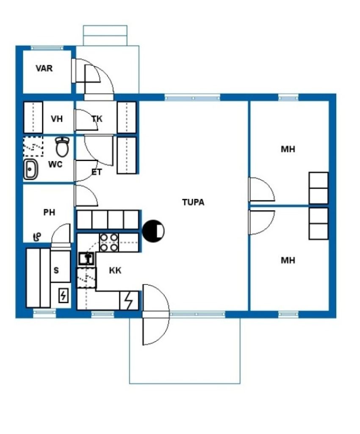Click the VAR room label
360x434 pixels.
click(x=44, y=68)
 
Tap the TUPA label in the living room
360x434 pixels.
click(x=193, y=202)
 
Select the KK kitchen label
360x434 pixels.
click(x=115, y=270)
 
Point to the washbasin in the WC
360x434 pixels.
click(x=30, y=170)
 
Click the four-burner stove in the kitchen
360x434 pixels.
click(x=109, y=242)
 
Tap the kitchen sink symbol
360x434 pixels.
click(x=86, y=259)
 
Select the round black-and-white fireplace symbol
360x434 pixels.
click(x=153, y=231)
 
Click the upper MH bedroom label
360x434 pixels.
click(x=288, y=150)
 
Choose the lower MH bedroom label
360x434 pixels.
click(x=288, y=261)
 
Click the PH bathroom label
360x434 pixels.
click(x=49, y=212)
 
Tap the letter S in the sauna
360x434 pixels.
click(x=56, y=270)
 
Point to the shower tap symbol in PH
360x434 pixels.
click(x=37, y=236)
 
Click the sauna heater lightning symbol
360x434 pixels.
click(x=64, y=295)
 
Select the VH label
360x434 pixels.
click(x=57, y=119)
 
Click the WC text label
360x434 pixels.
click(x=55, y=164)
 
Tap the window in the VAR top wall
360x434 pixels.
click(x=47, y=48)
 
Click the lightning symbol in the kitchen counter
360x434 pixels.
click(x=129, y=300)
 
